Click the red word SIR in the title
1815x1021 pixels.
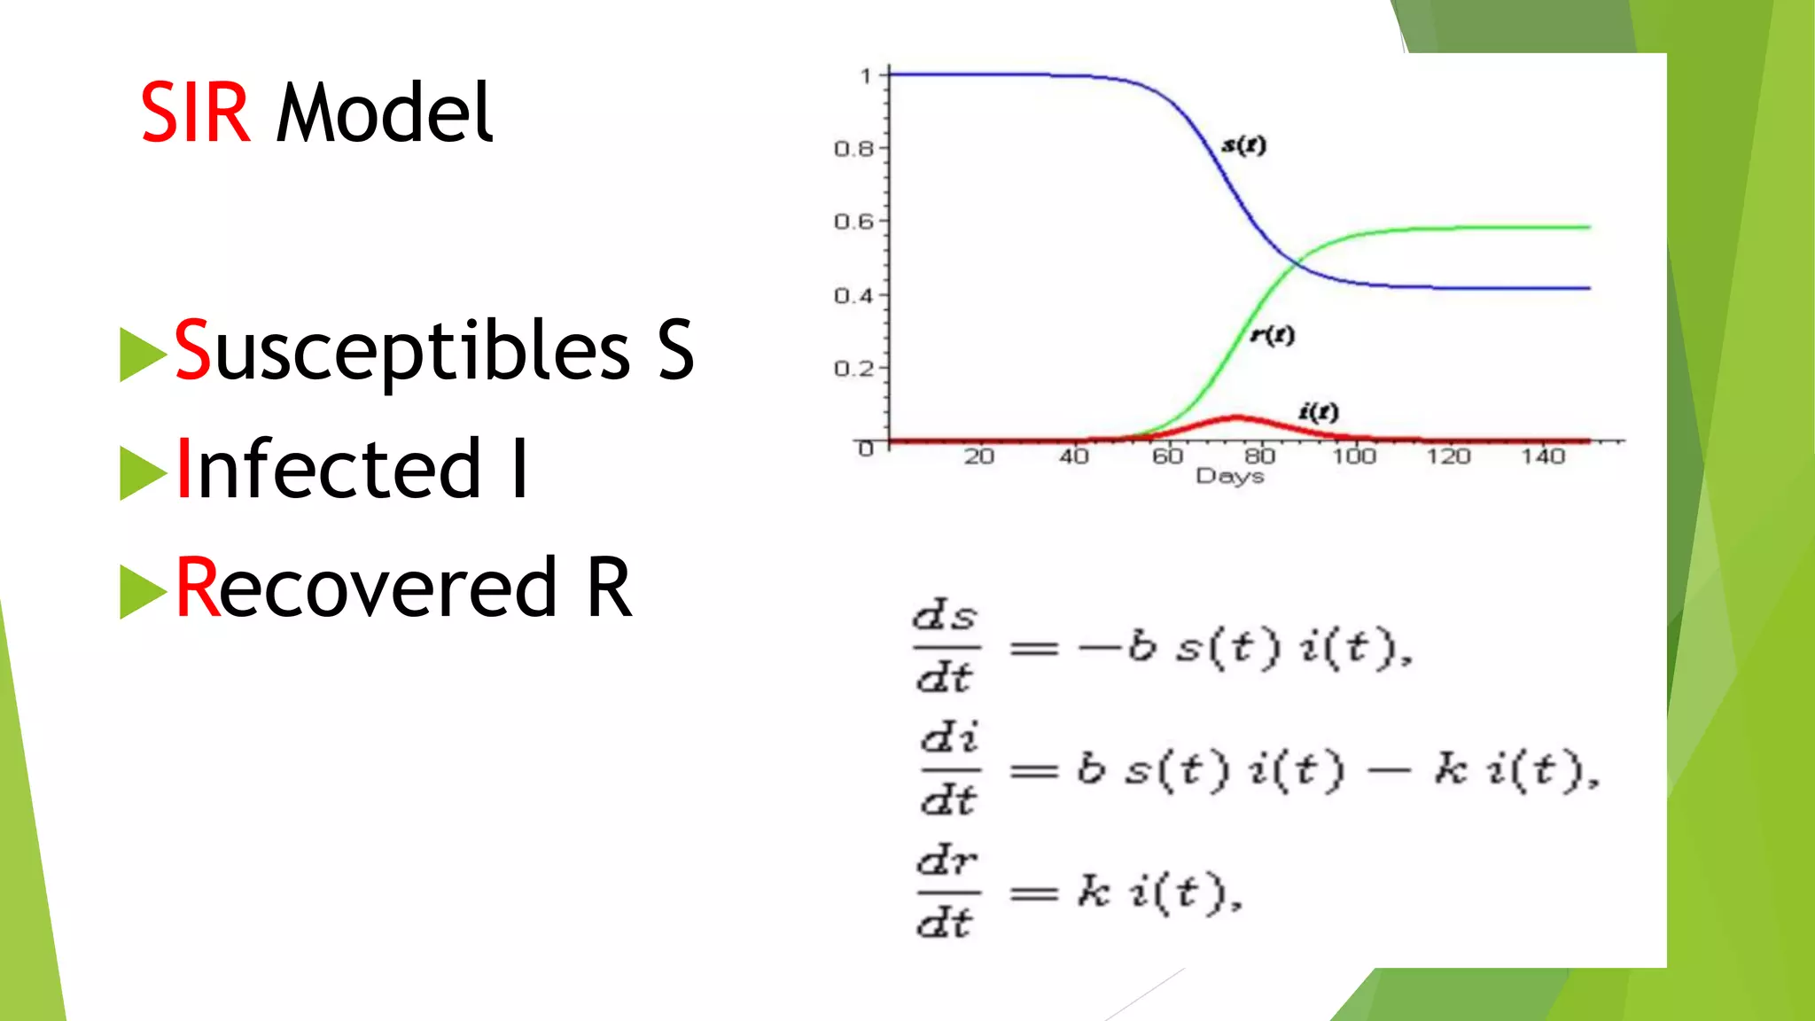coord(195,113)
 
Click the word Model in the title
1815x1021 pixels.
coord(385,113)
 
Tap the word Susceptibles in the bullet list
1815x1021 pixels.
coord(401,351)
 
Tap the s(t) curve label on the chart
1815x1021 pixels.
coord(1243,144)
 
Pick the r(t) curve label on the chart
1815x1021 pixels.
coord(1272,334)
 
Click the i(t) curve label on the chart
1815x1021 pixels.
coord(1318,411)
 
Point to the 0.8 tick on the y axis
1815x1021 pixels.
coord(853,149)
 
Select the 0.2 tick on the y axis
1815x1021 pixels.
coord(853,368)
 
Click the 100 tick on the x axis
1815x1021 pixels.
coord(1354,456)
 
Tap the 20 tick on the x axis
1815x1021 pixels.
coord(979,456)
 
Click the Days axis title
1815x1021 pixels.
coord(1229,477)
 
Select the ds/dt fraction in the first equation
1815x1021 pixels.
coord(946,648)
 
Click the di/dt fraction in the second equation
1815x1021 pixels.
coord(949,769)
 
